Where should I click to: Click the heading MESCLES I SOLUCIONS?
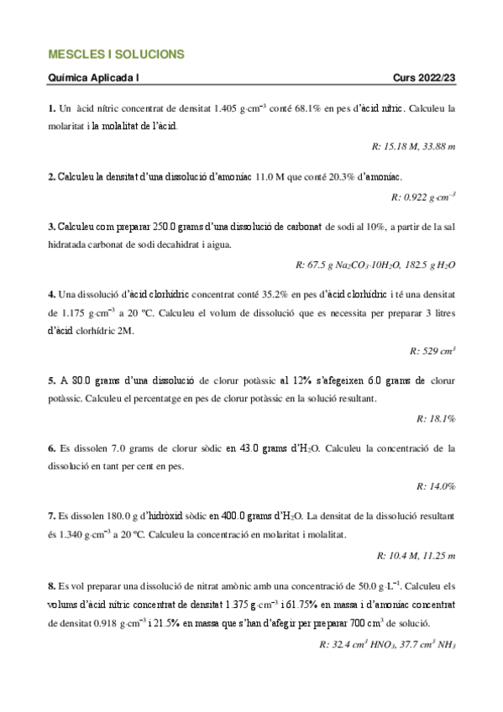117,55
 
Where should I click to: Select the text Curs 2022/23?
423,78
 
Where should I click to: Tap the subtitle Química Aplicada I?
94,78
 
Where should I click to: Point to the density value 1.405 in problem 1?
229,109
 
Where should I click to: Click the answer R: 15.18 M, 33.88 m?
412,146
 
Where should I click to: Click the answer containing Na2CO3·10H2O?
375,265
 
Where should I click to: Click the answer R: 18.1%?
436,417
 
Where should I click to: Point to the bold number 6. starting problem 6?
51,449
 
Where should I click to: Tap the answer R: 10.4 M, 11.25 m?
414,555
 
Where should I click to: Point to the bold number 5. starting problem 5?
51,380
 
